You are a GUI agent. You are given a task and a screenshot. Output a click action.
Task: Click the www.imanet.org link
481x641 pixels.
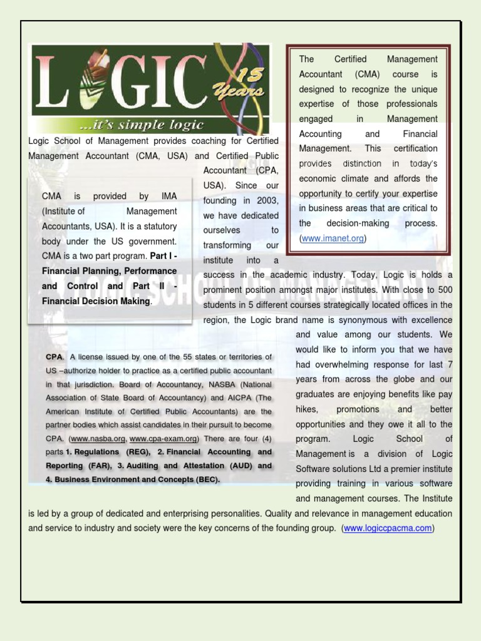click(x=333, y=238)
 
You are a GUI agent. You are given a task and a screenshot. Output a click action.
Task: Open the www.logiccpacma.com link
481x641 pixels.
click(x=388, y=528)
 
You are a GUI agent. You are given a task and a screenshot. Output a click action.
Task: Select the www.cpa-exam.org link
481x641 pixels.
click(x=164, y=439)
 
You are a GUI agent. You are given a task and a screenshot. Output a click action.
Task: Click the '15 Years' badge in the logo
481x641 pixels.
click(x=250, y=85)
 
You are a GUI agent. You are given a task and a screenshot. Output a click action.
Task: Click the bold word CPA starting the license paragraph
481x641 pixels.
click(x=54, y=357)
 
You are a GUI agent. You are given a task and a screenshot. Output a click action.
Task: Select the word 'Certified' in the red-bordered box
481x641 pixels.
click(x=350, y=59)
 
